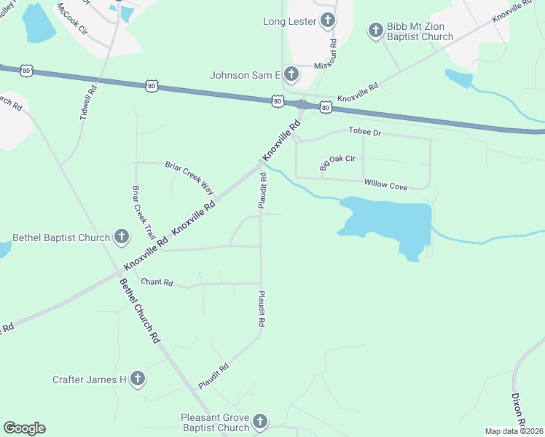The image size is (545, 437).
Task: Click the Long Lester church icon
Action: click(329, 21)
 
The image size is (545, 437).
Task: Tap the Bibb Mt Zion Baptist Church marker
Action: click(375, 30)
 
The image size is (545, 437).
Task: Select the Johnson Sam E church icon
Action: click(291, 74)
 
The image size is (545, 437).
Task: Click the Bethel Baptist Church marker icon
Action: click(121, 237)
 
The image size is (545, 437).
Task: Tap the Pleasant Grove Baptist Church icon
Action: click(260, 422)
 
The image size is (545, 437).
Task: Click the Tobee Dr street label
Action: click(365, 132)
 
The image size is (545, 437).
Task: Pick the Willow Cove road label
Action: click(385, 186)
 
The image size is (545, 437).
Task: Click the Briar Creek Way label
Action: click(189, 175)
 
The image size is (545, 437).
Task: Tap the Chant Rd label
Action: click(157, 282)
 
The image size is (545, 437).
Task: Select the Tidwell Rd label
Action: click(89, 104)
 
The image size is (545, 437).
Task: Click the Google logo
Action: click(24, 428)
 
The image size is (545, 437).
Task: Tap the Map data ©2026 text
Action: click(514, 431)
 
